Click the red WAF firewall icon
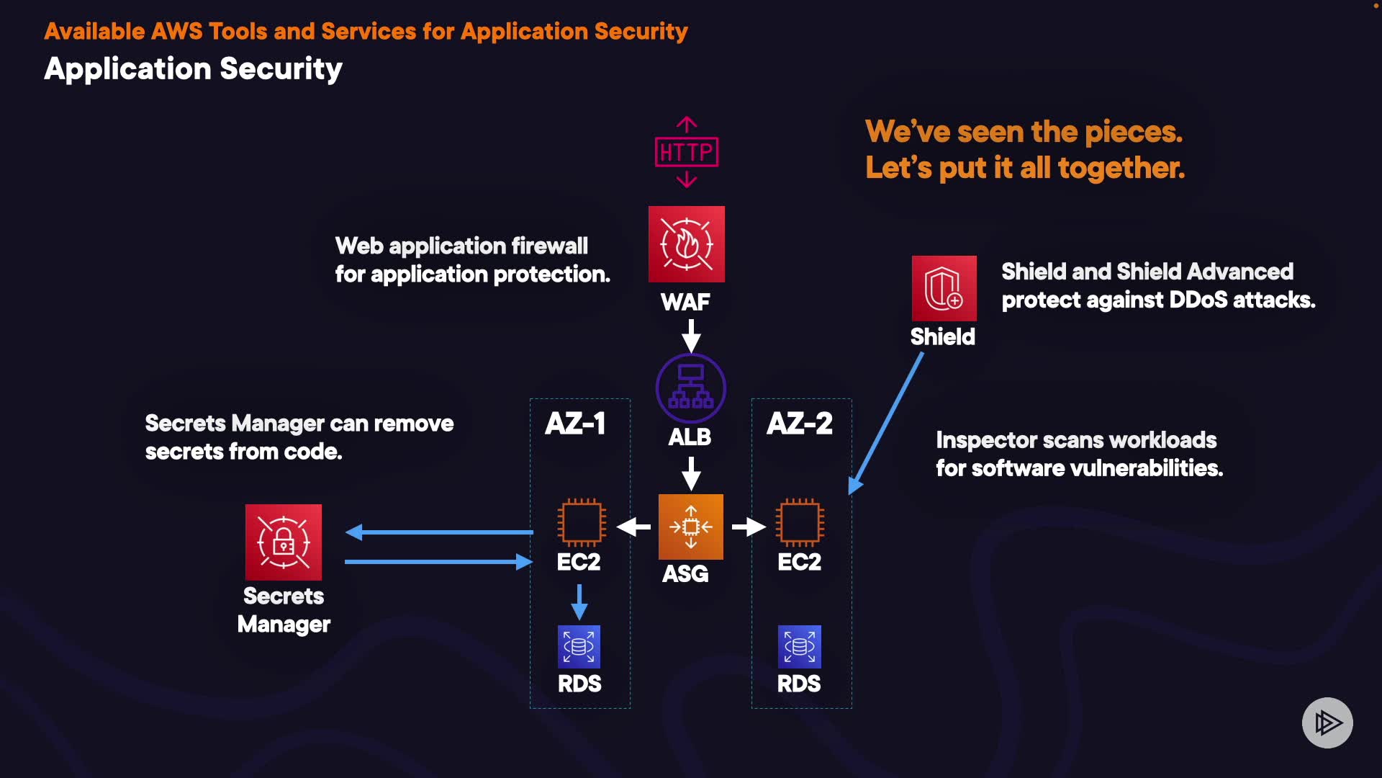point(686,244)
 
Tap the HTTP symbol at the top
point(687,152)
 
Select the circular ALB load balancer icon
point(690,388)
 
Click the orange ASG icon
point(690,527)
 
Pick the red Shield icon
point(944,288)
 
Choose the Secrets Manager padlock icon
point(284,542)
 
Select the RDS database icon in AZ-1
point(579,647)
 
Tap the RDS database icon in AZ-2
point(799,647)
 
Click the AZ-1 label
point(575,424)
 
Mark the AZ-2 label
point(800,424)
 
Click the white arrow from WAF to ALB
point(691,336)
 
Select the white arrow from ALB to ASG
point(691,473)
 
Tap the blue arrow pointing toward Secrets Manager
point(439,532)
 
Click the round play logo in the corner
point(1327,723)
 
